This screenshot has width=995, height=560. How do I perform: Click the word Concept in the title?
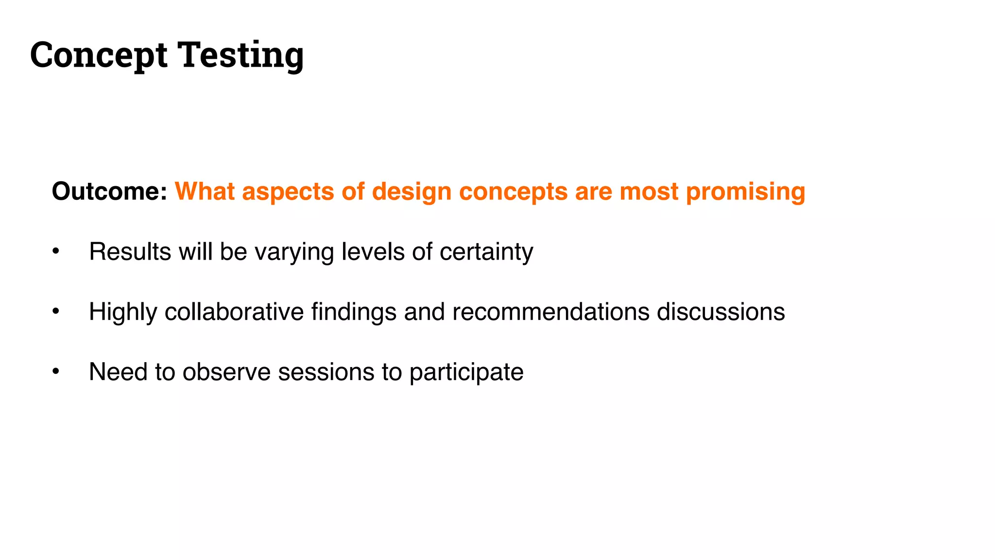[99, 55]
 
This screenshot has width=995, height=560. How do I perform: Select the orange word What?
[205, 191]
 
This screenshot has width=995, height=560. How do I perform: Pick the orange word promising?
[745, 191]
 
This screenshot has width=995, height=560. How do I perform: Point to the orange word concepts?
[513, 191]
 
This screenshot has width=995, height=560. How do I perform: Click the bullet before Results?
[56, 251]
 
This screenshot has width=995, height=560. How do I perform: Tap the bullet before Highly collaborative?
[56, 311]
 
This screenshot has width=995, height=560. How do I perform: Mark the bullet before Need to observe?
[56, 371]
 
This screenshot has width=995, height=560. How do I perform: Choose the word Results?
[130, 252]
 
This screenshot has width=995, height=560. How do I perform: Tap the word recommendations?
[550, 312]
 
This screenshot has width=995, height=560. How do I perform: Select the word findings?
[354, 312]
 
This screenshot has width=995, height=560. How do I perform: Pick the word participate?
[466, 372]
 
